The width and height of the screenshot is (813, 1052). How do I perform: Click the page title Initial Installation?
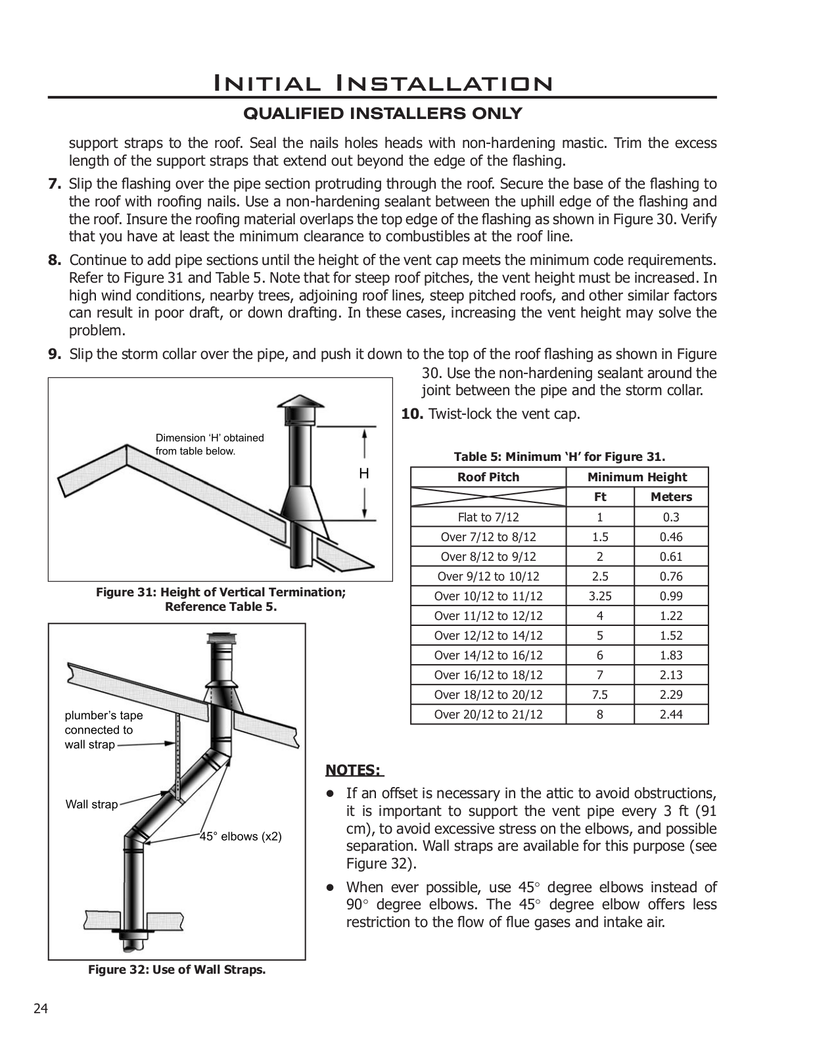pos(382,84)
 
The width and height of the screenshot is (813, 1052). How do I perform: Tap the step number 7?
pos(55,184)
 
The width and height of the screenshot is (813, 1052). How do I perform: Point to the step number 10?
pos(411,414)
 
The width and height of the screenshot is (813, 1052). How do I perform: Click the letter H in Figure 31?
pos(363,473)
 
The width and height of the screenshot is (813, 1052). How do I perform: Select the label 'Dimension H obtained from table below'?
pos(209,444)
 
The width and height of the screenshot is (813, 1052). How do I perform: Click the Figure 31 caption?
pos(221,599)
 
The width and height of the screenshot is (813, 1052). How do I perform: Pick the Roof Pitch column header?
pos(488,477)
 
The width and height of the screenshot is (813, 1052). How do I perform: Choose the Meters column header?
pos(671,497)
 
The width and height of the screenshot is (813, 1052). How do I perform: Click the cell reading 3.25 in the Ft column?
pos(600,596)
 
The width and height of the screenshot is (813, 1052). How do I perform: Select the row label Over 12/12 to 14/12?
pos(488,636)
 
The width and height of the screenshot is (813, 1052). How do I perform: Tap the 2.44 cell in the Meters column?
pos(671,715)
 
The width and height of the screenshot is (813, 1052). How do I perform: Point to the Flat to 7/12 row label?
pos(488,517)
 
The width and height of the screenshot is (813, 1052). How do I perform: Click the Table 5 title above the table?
pos(559,457)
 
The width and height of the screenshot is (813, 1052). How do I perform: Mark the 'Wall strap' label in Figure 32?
pos(91,804)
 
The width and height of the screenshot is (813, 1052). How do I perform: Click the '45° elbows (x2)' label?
pos(241,837)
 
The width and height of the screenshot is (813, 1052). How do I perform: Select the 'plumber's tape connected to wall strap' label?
pos(103,730)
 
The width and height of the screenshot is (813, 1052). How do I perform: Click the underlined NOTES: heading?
pos(353,770)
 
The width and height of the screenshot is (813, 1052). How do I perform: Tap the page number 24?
pos(41,1009)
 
